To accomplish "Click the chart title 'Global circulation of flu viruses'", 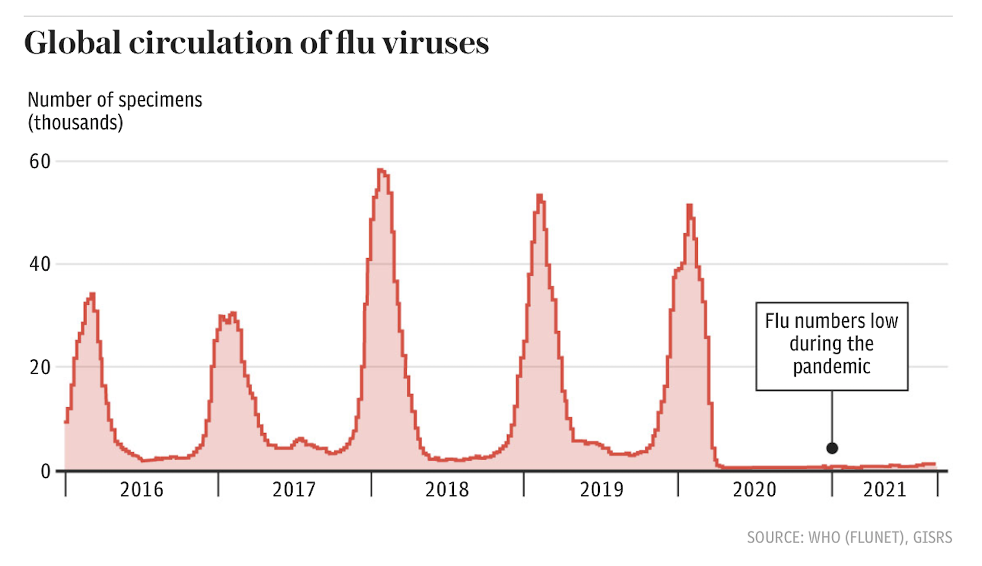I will pyautogui.click(x=256, y=44).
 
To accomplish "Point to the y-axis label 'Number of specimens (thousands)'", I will pyautogui.click(x=115, y=111).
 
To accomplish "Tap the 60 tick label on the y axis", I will pyautogui.click(x=40, y=162).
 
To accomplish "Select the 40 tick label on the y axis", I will pyautogui.click(x=40, y=264).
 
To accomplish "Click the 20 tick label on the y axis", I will pyautogui.click(x=40, y=367).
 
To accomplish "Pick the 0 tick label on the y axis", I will pyautogui.click(x=45, y=471).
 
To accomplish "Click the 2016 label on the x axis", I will pyautogui.click(x=141, y=490).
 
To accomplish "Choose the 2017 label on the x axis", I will pyautogui.click(x=294, y=490).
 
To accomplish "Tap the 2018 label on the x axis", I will pyautogui.click(x=447, y=490).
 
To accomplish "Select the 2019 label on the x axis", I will pyautogui.click(x=601, y=490).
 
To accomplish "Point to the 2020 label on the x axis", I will pyautogui.click(x=754, y=490).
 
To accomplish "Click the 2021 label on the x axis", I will pyautogui.click(x=885, y=490).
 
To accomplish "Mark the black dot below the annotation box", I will pyautogui.click(x=832, y=448).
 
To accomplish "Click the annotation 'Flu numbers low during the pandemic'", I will pyautogui.click(x=831, y=344).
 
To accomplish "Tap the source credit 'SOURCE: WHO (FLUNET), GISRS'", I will pyautogui.click(x=849, y=537).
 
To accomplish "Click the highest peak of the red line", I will pyautogui.click(x=381, y=171).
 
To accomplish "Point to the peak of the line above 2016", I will pyautogui.click(x=92, y=294).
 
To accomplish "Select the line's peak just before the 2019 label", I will pyautogui.click(x=539, y=196).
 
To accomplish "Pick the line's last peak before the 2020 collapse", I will pyautogui.click(x=689, y=205).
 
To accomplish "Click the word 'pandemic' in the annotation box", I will pyautogui.click(x=831, y=367).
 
